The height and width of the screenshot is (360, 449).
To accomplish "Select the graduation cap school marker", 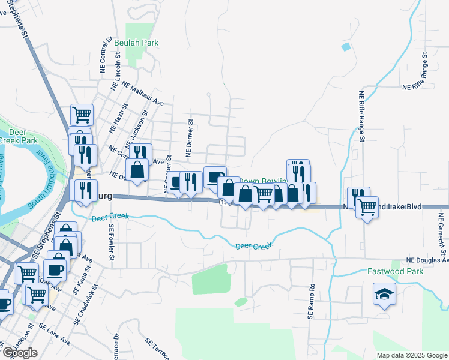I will click(384, 294).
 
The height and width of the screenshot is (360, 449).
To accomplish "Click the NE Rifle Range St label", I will click(362, 116).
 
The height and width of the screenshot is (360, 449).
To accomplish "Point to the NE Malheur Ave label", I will click(143, 94).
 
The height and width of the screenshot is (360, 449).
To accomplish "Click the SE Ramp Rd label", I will click(311, 301).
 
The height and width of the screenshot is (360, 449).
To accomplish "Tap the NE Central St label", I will click(106, 54).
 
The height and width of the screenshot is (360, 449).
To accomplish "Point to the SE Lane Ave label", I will click(55, 334).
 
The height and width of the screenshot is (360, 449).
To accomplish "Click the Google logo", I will click(20, 353).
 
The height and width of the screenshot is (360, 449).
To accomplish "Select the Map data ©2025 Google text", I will click(412, 355).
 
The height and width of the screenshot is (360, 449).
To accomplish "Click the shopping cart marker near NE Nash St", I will click(82, 113).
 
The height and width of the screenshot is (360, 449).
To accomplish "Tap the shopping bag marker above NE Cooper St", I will click(137, 169).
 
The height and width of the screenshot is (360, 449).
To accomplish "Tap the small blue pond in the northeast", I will click(345, 46).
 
